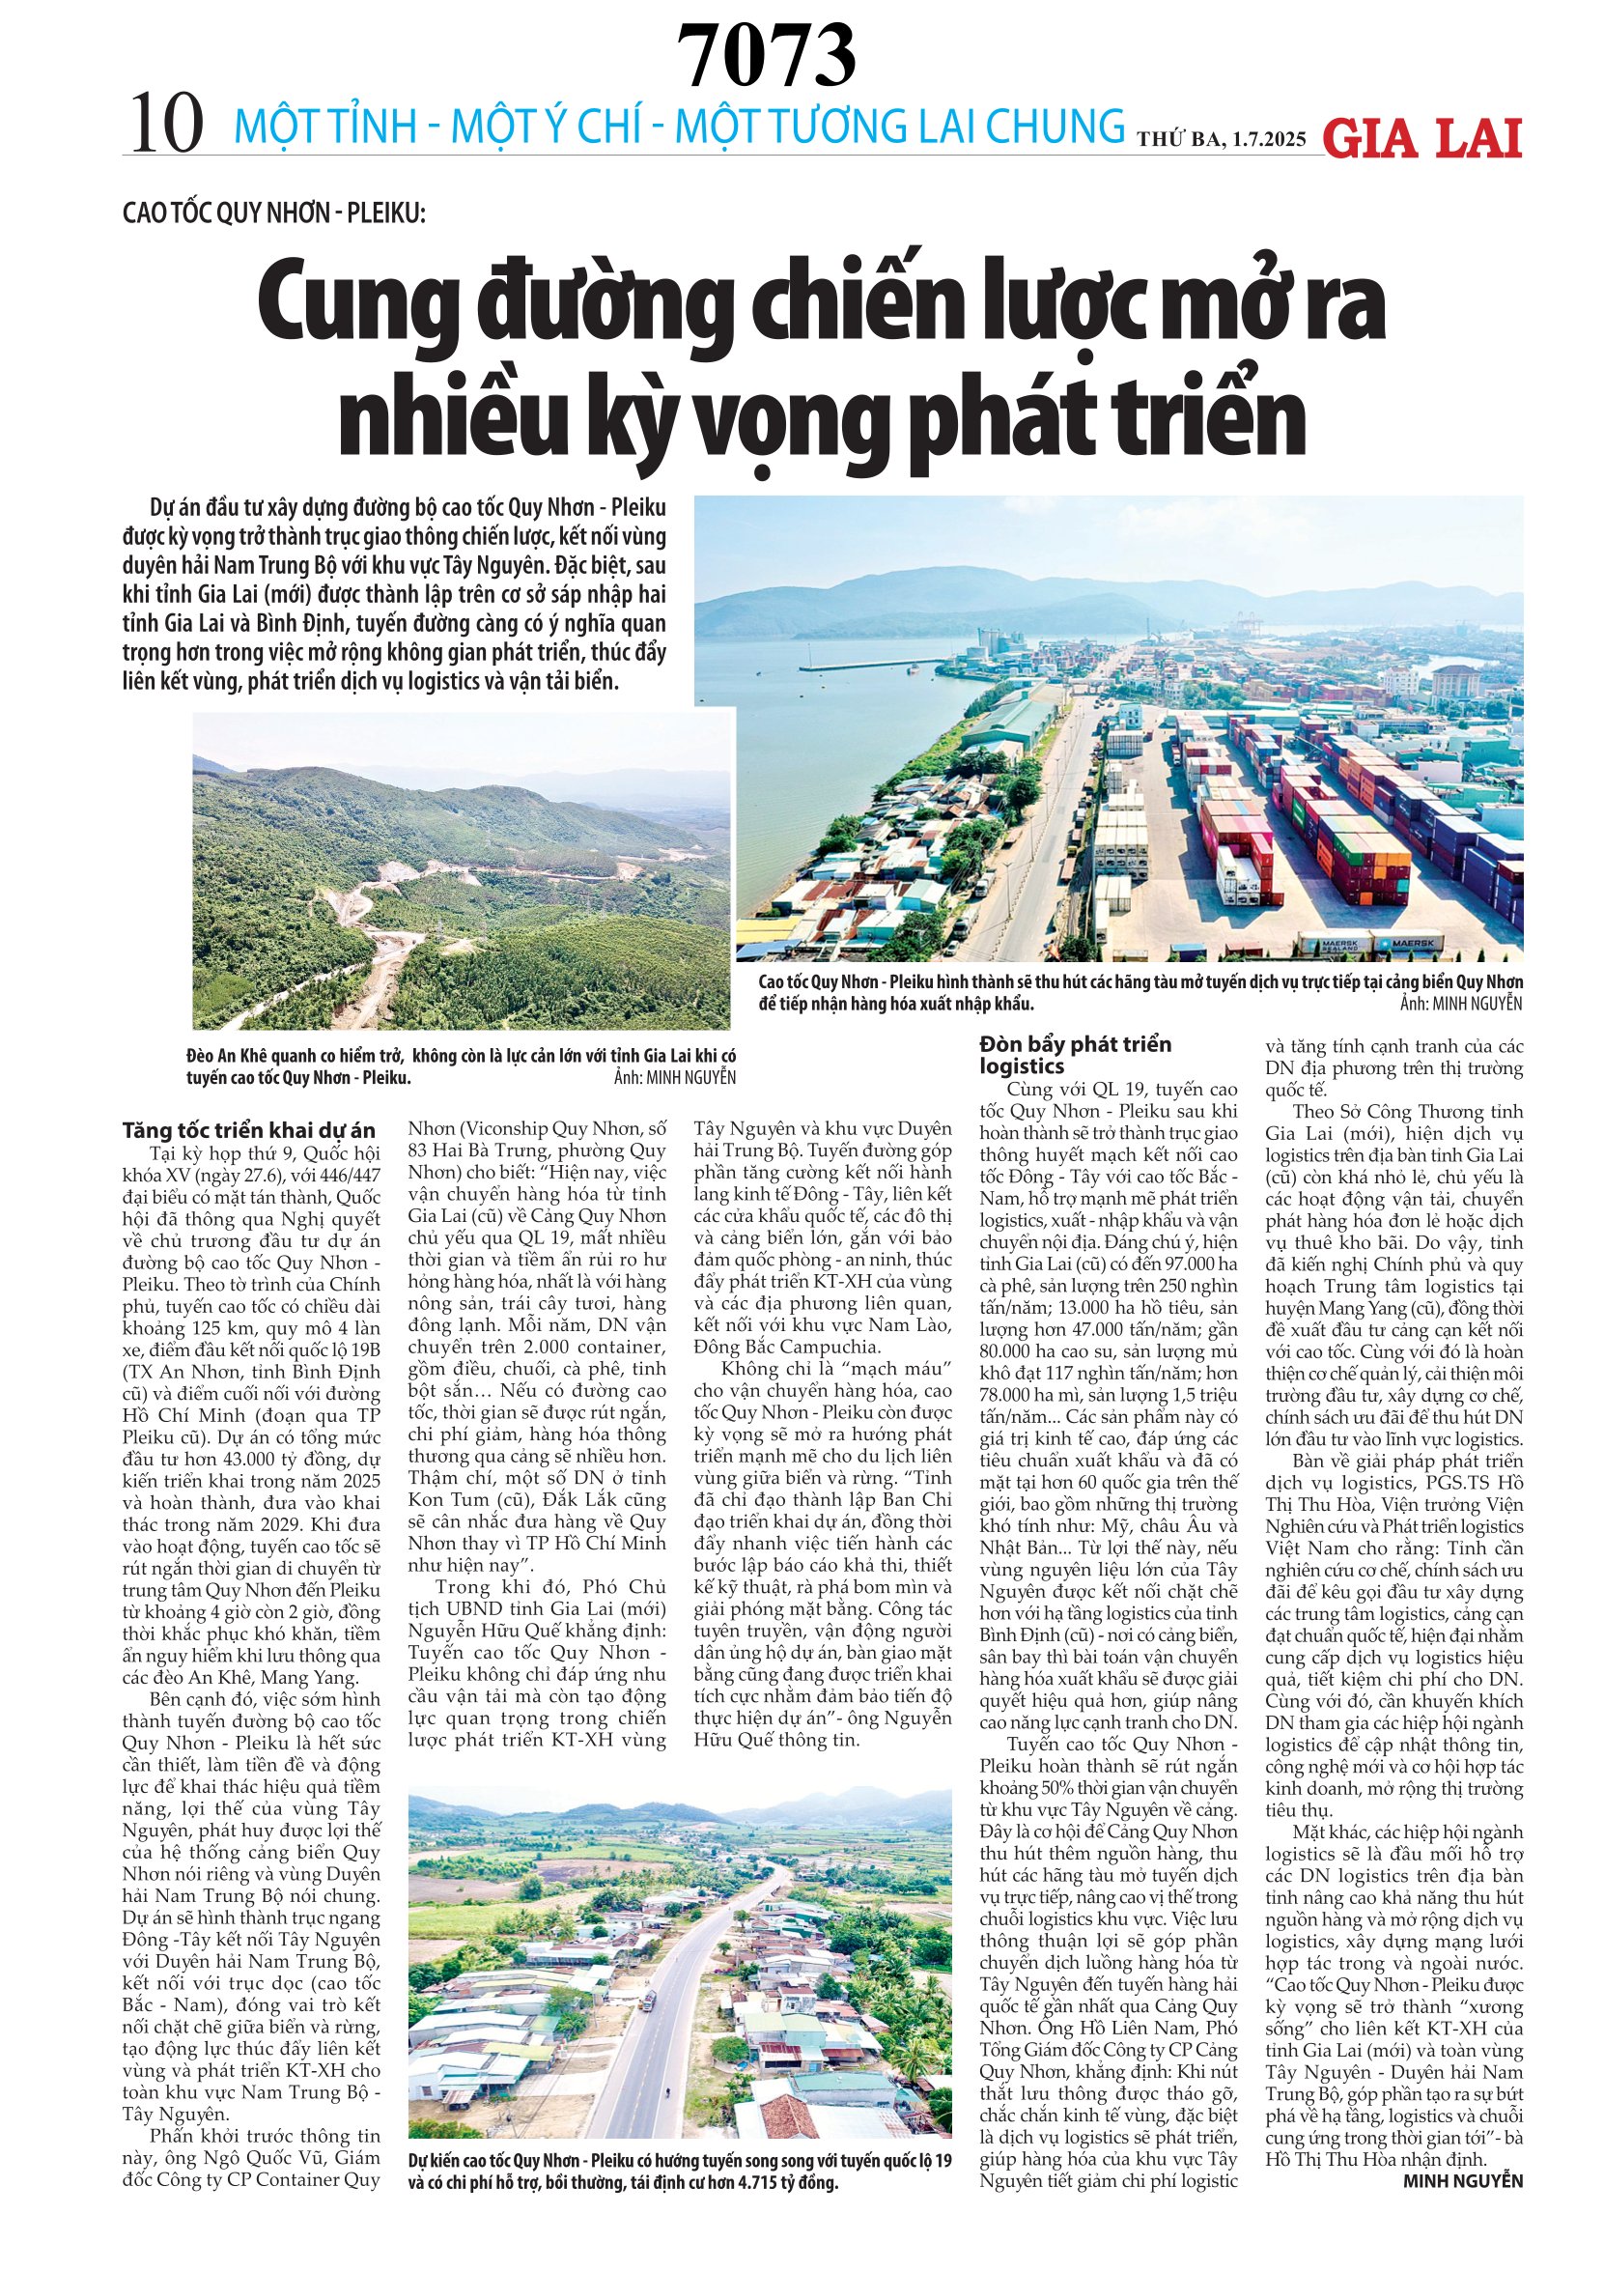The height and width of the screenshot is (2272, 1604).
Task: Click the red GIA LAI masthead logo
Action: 1421,137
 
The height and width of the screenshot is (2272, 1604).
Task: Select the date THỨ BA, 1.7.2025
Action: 1221,138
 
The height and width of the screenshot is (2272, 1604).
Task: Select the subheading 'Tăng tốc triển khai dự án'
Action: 249,1130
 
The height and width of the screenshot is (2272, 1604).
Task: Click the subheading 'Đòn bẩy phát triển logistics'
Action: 1075,1054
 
